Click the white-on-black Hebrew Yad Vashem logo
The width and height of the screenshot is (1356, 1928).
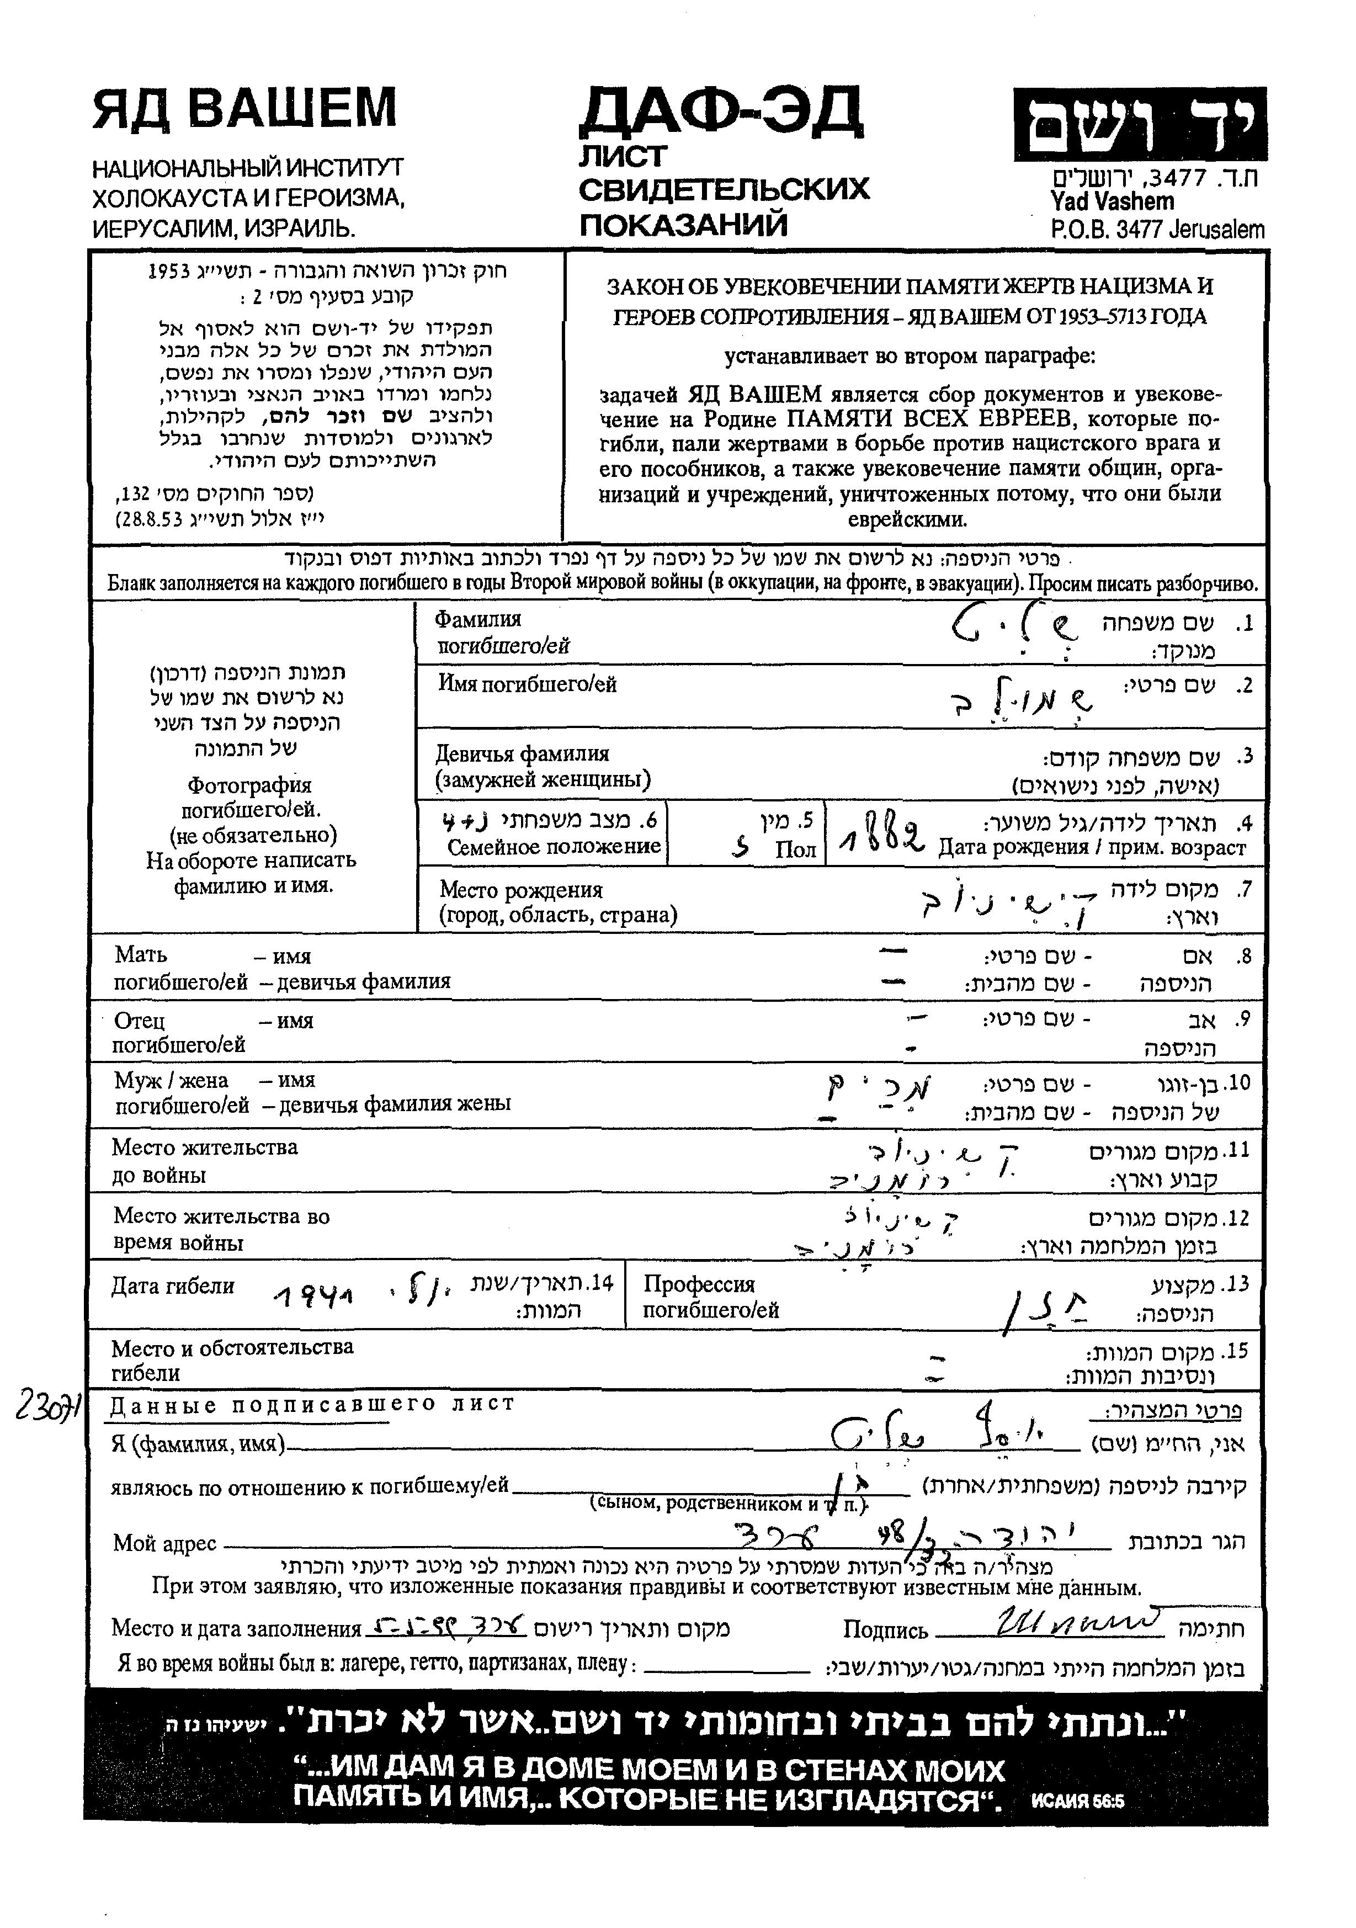[x=1139, y=124]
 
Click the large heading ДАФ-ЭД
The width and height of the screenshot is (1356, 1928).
[x=720, y=113]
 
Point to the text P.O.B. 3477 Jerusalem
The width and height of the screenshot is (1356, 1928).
[x=1157, y=229]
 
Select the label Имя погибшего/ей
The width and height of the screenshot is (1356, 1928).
[x=527, y=684]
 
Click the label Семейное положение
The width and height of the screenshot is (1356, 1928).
[x=554, y=847]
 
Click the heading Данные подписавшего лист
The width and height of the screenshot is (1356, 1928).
[x=311, y=1404]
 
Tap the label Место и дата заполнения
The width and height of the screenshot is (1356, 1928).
[x=236, y=1629]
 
